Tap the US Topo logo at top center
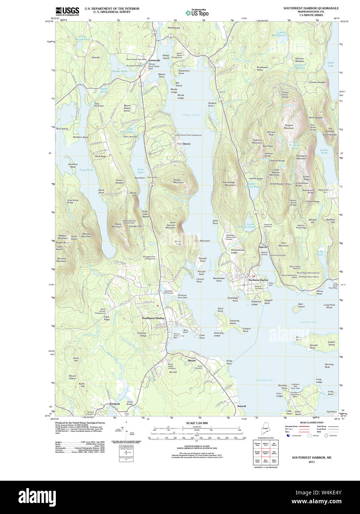(197, 13)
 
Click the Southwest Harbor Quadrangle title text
(311, 8)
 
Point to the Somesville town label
(154, 60)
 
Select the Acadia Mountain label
(178, 181)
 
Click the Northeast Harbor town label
(258, 280)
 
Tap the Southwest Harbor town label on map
(153, 318)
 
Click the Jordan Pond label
(324, 151)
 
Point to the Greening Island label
(234, 322)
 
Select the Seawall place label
(241, 406)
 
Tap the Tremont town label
(115, 404)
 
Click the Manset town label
(192, 360)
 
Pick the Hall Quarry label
(184, 143)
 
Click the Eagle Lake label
(330, 64)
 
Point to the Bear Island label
(301, 305)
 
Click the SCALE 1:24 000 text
(197, 423)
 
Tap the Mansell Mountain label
(86, 235)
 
